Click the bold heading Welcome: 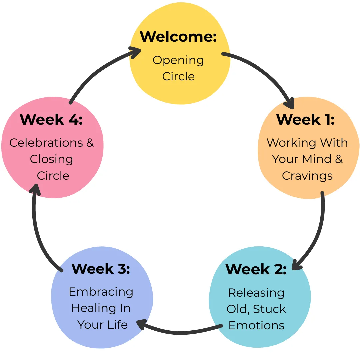pyautogui.click(x=178, y=37)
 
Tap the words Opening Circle pyautogui.click(x=178, y=68)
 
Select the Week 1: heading pyautogui.click(x=305, y=119)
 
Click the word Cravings pyautogui.click(x=307, y=176)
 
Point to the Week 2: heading pyautogui.click(x=256, y=269)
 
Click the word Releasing pyautogui.click(x=256, y=293)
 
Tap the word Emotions pyautogui.click(x=256, y=325)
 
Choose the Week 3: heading pyautogui.click(x=101, y=269)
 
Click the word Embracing pyautogui.click(x=101, y=292)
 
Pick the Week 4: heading pyautogui.click(x=51, y=119)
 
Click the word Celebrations pyautogui.click(x=42, y=143)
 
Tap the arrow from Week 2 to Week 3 pyautogui.click(x=180, y=332)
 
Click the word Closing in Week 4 pyautogui.click(x=51, y=159)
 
